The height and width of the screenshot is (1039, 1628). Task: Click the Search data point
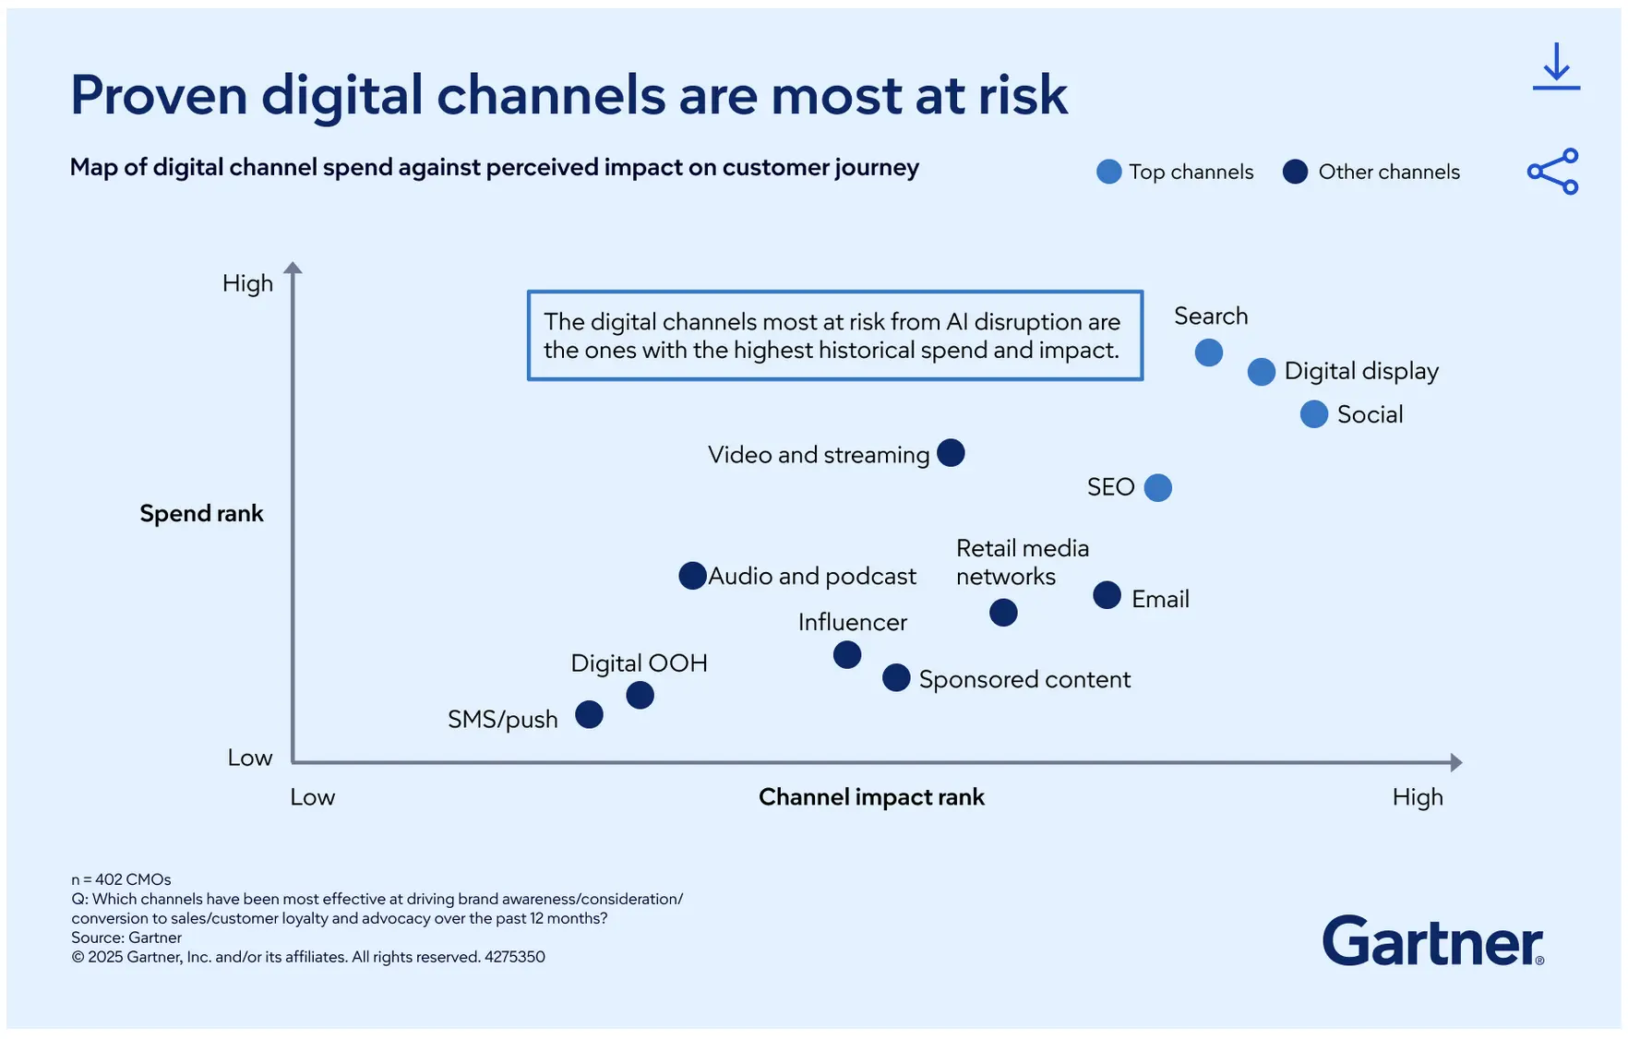(x=1208, y=352)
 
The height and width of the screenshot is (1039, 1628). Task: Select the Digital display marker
(x=1261, y=372)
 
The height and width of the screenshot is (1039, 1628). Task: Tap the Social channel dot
(x=1313, y=414)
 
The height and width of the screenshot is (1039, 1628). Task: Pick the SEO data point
(x=1157, y=487)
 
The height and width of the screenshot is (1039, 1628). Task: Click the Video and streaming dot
(x=951, y=453)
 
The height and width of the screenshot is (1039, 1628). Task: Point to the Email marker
(x=1107, y=595)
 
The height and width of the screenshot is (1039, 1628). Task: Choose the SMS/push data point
(x=589, y=714)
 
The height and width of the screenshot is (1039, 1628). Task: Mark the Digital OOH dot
(x=640, y=695)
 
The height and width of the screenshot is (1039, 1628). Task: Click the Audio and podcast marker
(x=692, y=576)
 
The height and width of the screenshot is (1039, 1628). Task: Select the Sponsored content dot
(x=896, y=677)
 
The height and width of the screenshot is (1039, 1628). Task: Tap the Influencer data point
(x=846, y=655)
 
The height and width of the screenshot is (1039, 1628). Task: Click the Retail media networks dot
(x=1003, y=613)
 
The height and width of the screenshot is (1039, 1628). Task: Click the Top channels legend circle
(x=1108, y=172)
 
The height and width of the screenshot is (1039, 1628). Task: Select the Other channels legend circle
(x=1295, y=172)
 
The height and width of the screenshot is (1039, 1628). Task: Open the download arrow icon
(x=1556, y=66)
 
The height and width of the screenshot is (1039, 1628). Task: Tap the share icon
(x=1553, y=172)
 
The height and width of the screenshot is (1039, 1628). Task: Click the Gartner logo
(x=1432, y=942)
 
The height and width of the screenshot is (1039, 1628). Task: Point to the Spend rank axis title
(x=201, y=513)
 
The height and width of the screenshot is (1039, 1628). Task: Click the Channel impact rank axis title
(x=871, y=797)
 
